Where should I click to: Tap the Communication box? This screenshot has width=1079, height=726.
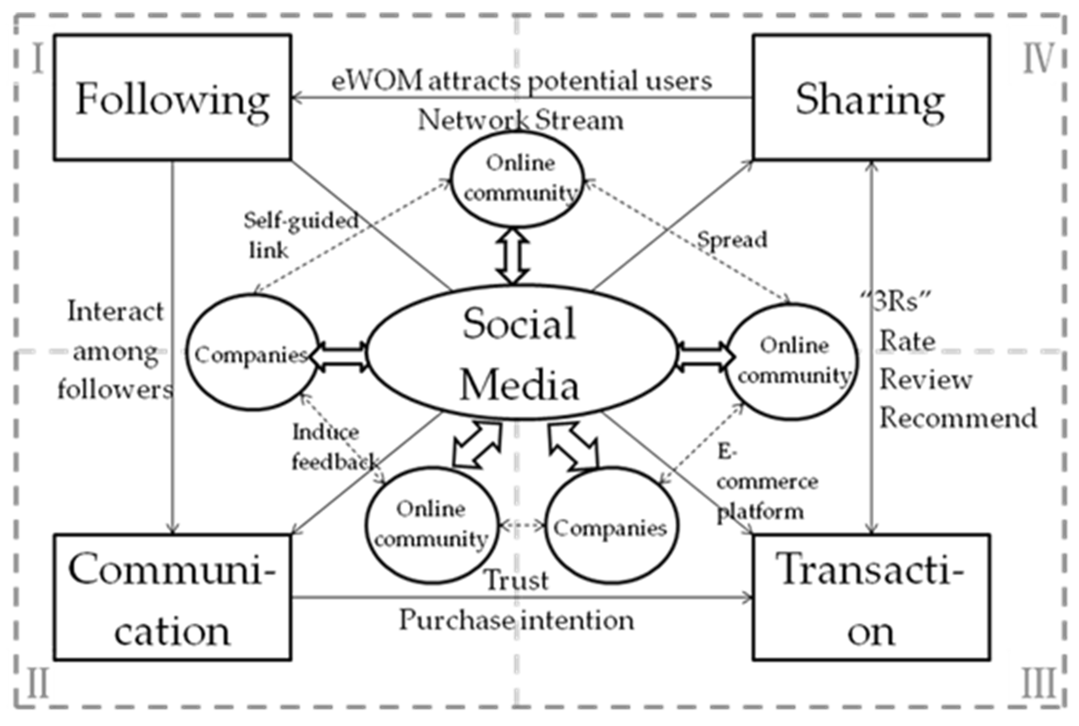click(172, 597)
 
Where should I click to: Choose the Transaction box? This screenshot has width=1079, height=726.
click(871, 597)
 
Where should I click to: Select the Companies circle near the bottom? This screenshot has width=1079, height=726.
click(611, 527)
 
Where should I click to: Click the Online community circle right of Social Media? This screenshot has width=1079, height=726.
click(793, 361)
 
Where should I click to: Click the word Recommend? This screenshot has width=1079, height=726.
click(957, 418)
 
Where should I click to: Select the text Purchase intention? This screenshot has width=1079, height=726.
click(517, 620)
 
